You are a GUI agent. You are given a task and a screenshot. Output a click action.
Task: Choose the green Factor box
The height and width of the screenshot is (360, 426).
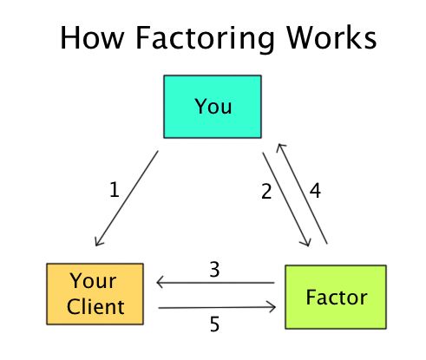(x=336, y=296)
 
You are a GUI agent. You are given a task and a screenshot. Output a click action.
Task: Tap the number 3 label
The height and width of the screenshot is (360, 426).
(x=213, y=269)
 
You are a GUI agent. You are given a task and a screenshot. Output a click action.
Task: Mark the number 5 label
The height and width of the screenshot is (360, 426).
(x=213, y=324)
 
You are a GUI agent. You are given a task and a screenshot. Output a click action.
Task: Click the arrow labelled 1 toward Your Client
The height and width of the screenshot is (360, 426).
(x=126, y=199)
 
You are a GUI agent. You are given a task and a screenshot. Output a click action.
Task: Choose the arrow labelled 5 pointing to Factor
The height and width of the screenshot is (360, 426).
(x=217, y=307)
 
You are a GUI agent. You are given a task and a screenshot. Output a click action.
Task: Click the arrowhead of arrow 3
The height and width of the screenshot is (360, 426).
(x=160, y=283)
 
